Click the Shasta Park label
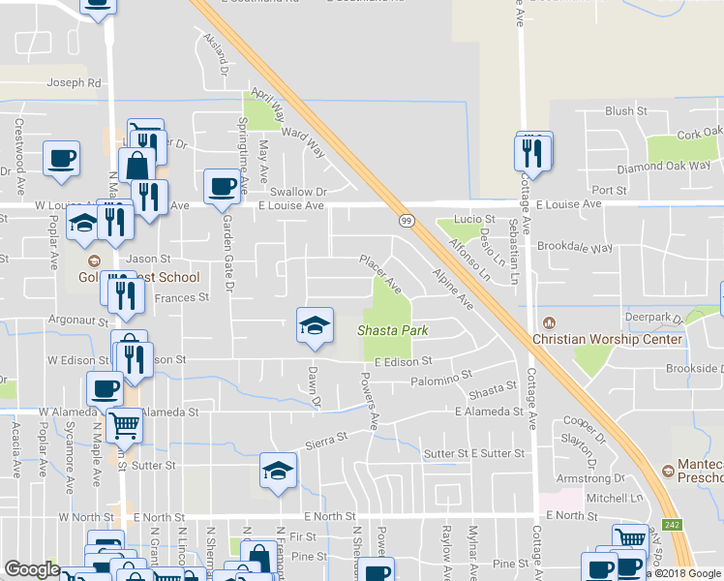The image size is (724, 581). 393,330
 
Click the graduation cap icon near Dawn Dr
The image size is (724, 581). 316,325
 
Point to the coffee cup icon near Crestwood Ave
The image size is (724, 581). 61,159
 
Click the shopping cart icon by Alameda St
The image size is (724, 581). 123,423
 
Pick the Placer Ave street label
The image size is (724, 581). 380,274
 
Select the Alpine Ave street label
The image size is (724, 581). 452,289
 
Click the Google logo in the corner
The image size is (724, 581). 32,569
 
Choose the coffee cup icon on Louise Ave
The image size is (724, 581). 221,186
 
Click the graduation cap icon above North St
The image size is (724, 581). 279,471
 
